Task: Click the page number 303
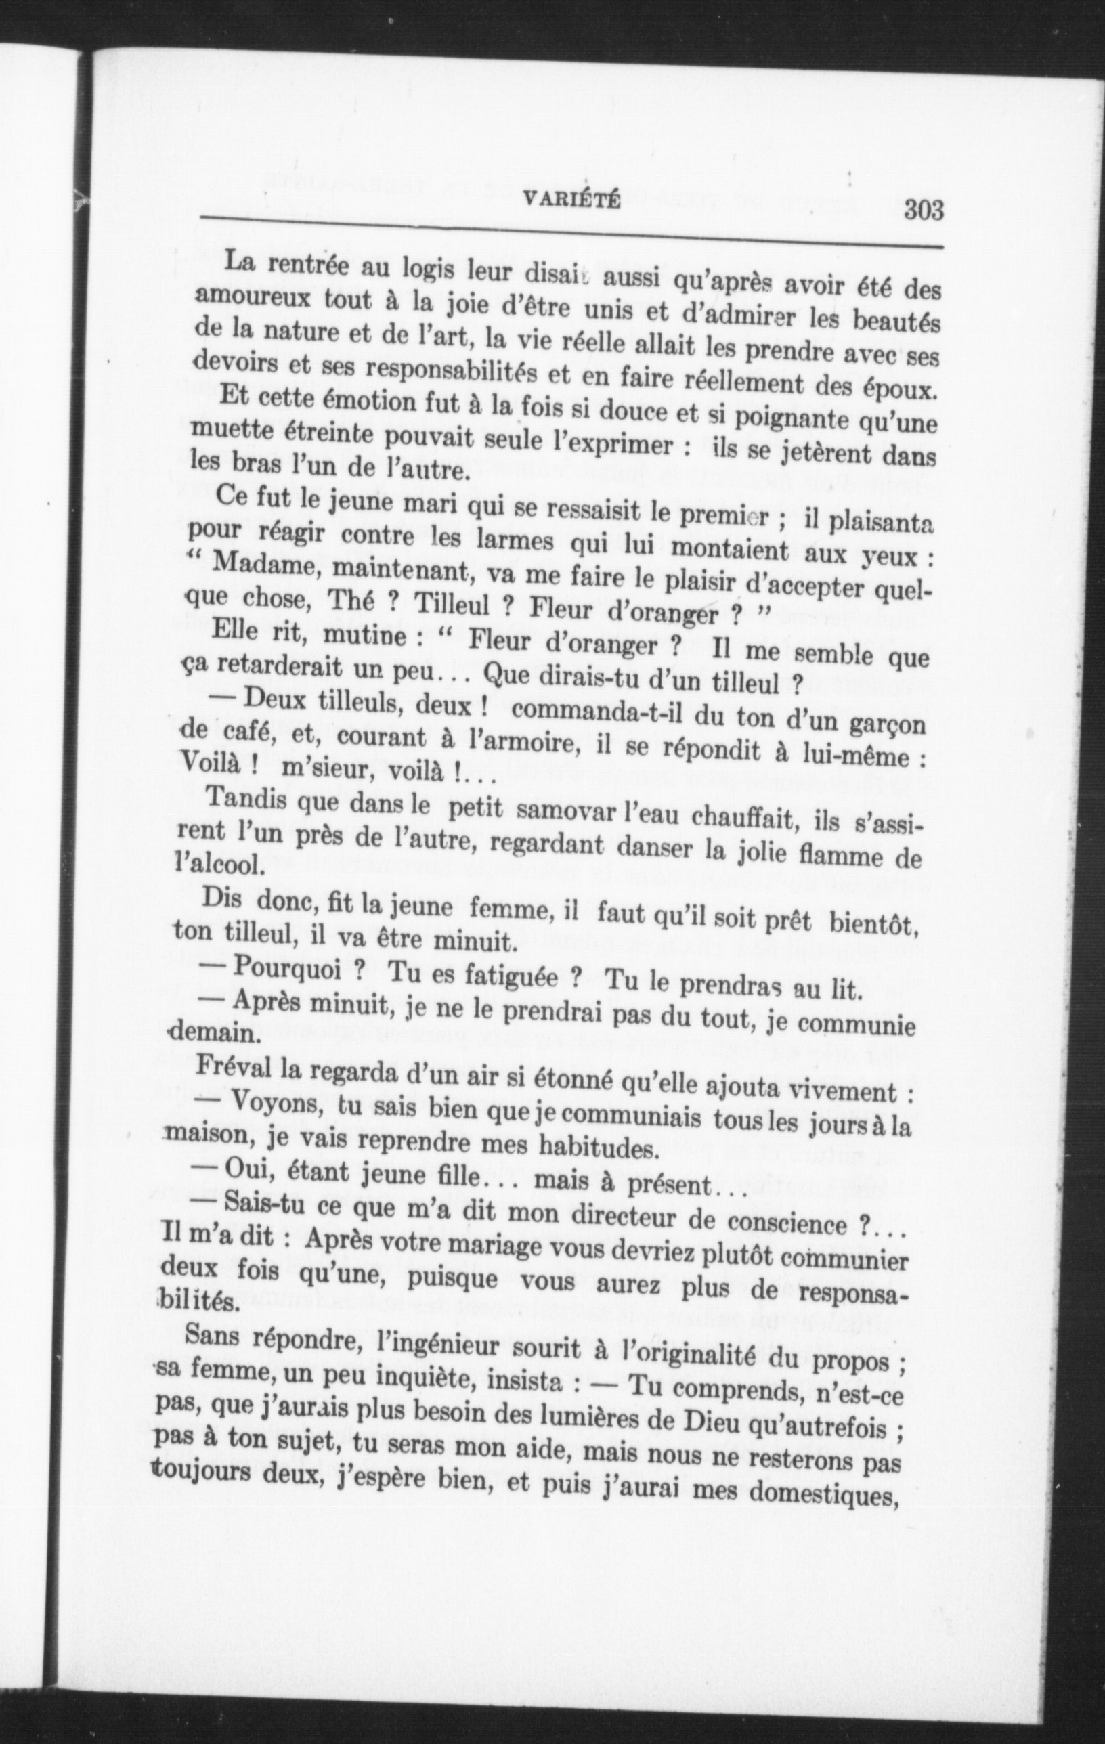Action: click(924, 211)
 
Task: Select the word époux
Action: click(896, 387)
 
